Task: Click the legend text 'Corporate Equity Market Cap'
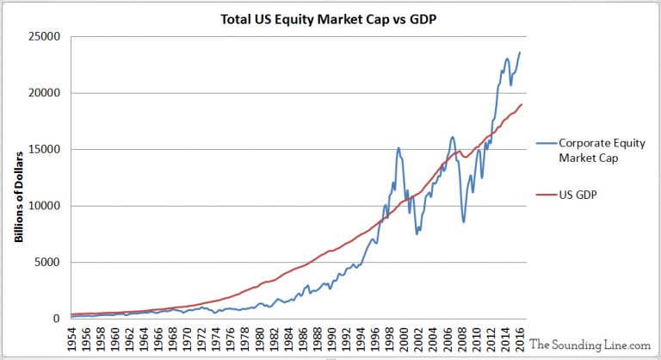(x=602, y=150)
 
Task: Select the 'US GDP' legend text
(x=580, y=195)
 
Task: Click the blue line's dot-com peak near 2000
(x=398, y=148)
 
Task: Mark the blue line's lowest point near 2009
(x=463, y=222)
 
